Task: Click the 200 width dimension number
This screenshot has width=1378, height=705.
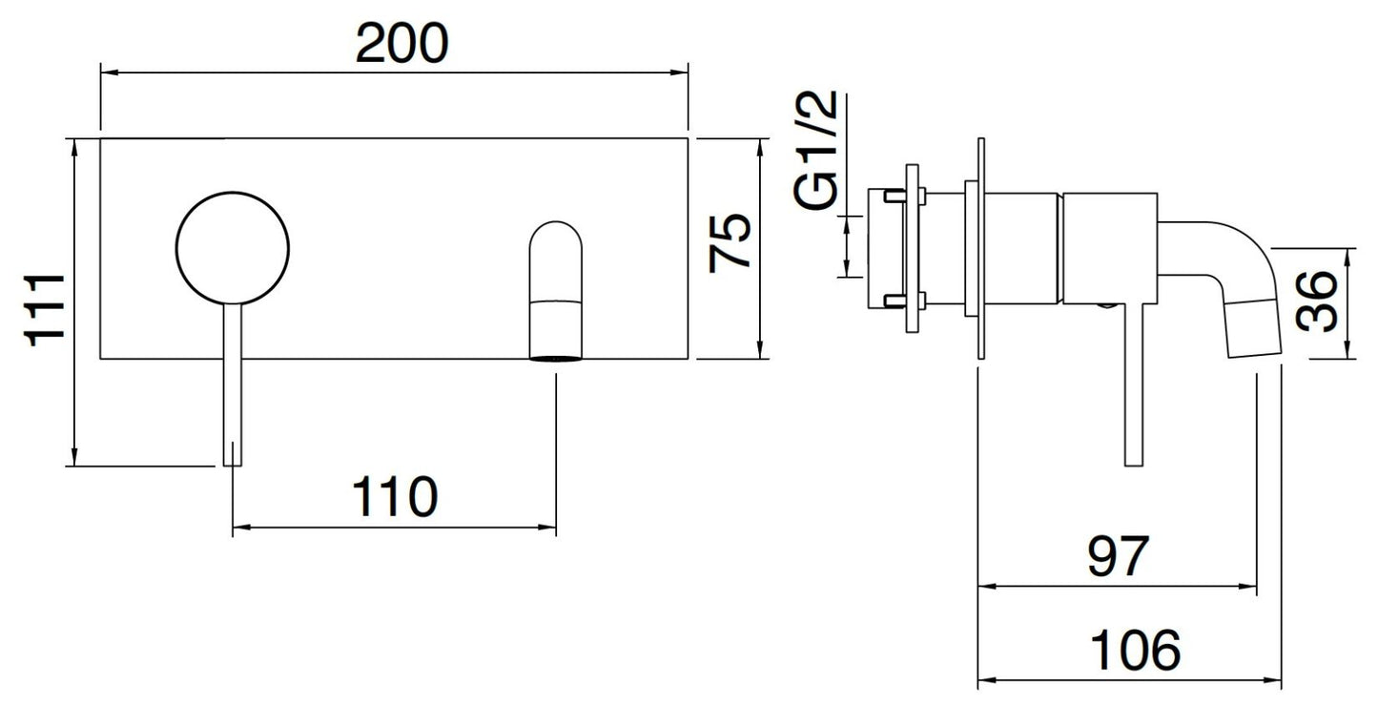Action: (x=402, y=43)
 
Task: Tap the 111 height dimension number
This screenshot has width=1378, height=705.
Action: (x=44, y=311)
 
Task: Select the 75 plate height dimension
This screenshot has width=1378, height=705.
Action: (x=730, y=242)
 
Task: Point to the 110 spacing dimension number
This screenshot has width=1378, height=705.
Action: (x=395, y=496)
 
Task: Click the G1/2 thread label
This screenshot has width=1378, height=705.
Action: (x=815, y=150)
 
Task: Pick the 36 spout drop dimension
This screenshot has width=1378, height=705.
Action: (x=1316, y=301)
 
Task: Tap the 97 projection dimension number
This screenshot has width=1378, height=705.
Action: (x=1118, y=556)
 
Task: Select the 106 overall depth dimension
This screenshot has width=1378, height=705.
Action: (x=1135, y=650)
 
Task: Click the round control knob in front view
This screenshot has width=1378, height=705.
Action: (x=233, y=248)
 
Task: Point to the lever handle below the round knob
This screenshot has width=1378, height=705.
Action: (x=233, y=384)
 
